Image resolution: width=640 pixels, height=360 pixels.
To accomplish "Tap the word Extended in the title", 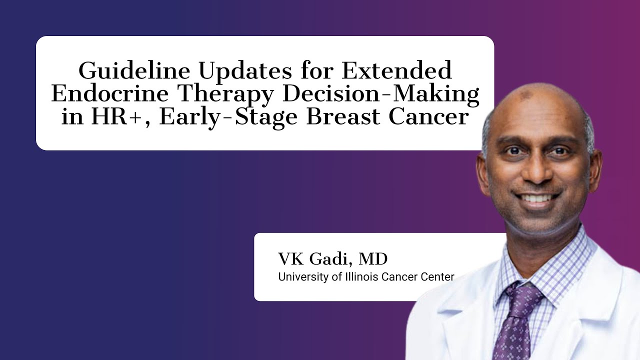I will point(397,71).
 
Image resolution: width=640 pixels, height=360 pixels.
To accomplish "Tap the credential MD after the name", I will point(372,259).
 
